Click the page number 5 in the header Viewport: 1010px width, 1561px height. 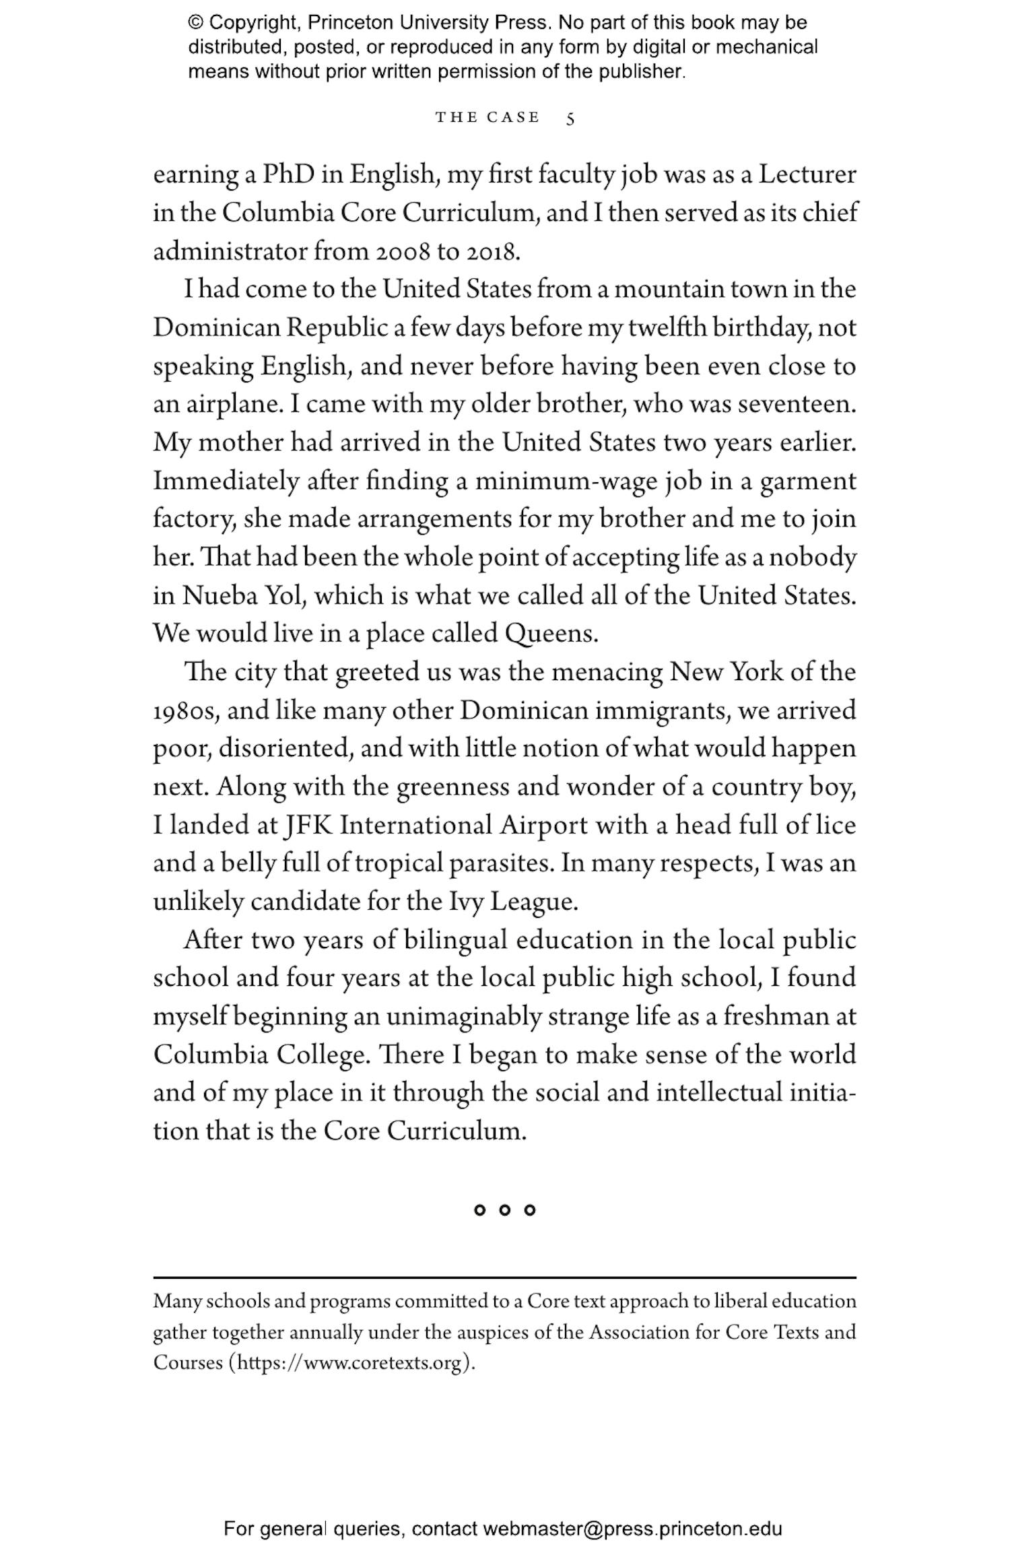(x=570, y=119)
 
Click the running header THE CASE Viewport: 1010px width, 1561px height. (x=487, y=118)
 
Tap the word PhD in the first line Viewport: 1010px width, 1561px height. (x=288, y=175)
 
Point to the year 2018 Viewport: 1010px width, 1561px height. (x=493, y=252)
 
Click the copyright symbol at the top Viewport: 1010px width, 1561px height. (x=195, y=23)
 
